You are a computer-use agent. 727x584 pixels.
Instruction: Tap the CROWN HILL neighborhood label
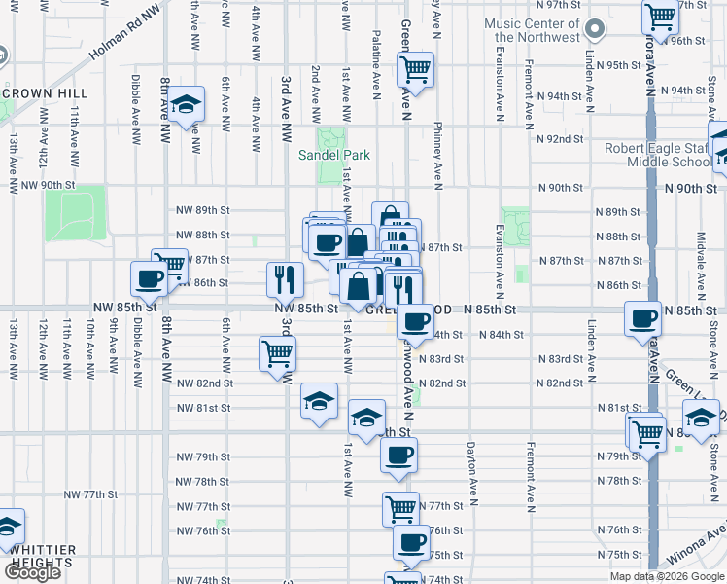pos(46,93)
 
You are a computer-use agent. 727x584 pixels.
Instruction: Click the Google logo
pos(32,572)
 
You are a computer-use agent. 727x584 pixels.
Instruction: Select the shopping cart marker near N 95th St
pos(415,70)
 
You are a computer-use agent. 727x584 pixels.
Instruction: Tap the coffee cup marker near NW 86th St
pos(150,278)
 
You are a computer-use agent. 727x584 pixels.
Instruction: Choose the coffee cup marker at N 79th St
pos(398,455)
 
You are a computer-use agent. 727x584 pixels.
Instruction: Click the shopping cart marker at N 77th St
pos(399,506)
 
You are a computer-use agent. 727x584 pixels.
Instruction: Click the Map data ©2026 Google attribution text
pos(666,576)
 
